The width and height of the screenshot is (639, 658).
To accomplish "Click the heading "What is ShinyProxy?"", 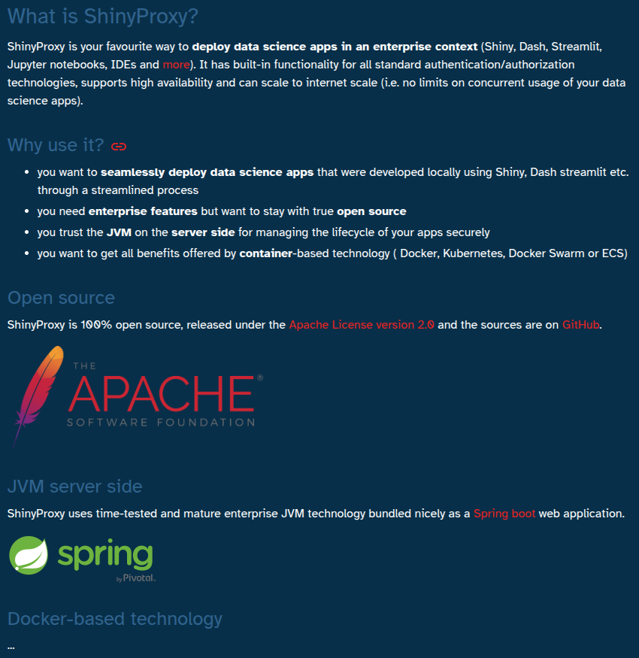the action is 103,17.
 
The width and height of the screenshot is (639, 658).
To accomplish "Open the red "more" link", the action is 176,65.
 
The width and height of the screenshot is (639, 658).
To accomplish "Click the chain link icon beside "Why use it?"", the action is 119,146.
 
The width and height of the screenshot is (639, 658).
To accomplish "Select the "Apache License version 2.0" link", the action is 362,325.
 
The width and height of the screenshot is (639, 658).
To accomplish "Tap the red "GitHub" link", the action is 581,325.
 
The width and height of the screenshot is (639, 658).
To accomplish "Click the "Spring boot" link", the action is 504,514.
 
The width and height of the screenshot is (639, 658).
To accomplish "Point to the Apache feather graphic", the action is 38,391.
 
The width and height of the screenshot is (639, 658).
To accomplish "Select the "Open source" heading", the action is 61,298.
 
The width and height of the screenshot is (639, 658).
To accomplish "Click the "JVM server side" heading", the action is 74,487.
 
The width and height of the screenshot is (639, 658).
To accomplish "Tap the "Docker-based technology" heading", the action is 115,619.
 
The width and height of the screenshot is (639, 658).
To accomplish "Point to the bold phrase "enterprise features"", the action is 143,211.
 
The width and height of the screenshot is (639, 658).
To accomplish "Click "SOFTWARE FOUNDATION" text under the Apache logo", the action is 161,422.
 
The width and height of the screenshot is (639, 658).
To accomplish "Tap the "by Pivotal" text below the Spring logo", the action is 136,578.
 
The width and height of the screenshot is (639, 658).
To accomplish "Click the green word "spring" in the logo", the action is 105,555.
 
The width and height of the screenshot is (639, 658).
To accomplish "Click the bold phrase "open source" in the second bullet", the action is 371,211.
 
